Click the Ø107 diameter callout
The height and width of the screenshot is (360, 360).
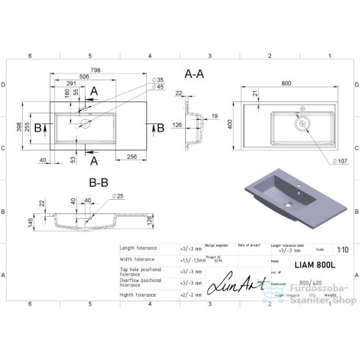pos(339,160)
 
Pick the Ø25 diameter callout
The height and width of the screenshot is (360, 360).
pos(118,196)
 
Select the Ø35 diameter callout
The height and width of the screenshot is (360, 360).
pos(157,79)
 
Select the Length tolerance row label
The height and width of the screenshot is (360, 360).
pos(140,248)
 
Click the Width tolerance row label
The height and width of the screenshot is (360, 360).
pos(139,259)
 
